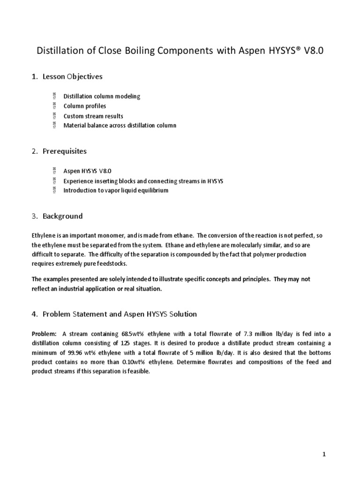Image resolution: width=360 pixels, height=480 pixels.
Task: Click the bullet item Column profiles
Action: pyautogui.click(x=85, y=106)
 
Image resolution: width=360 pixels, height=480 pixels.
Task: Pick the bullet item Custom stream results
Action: pyautogui.click(x=94, y=116)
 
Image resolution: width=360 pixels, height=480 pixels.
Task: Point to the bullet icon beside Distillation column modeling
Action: pyautogui.click(x=54, y=96)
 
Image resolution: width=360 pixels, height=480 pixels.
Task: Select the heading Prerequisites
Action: pyautogui.click(x=65, y=151)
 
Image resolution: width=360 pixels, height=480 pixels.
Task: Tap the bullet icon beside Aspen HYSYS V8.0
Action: pyautogui.click(x=54, y=171)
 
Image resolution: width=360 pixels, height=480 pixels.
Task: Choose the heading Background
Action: pyautogui.click(x=62, y=216)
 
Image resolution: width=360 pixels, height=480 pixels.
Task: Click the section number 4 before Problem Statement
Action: pyautogui.click(x=34, y=314)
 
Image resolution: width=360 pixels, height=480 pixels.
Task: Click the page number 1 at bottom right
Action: pyautogui.click(x=323, y=455)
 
